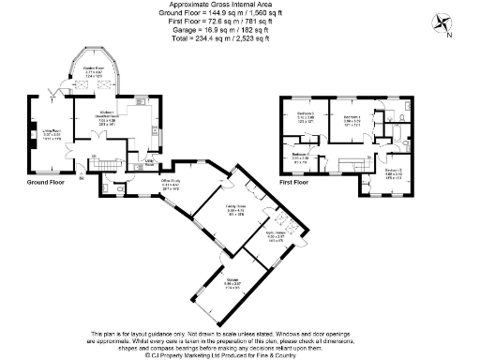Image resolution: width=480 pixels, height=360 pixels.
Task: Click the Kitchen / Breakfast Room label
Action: [x=112, y=122]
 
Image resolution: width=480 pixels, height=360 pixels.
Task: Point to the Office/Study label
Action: [x=170, y=185]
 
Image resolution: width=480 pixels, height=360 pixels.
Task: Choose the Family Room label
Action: [x=221, y=212]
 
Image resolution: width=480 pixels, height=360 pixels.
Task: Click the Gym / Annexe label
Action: [x=275, y=235]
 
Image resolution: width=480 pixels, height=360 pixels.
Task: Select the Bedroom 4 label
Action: [x=301, y=157]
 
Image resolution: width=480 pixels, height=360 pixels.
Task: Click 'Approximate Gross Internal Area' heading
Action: [x=238, y=5]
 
